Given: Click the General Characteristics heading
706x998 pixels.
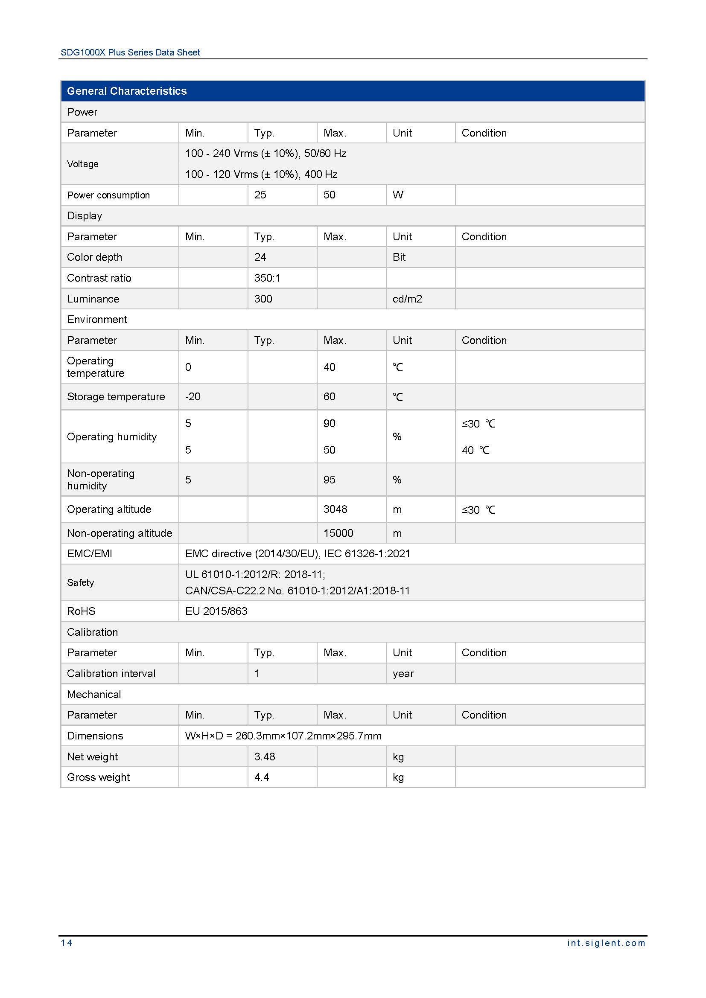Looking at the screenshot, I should [126, 91].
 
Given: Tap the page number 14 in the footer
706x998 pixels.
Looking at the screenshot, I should [67, 943].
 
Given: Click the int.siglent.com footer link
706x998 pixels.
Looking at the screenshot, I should [606, 943].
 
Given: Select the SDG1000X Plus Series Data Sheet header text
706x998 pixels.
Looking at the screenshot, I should [130, 52].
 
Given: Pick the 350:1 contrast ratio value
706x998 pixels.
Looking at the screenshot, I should [267, 278].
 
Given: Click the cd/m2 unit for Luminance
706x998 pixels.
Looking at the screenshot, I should [407, 299].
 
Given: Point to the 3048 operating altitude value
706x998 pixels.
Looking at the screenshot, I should [335, 509].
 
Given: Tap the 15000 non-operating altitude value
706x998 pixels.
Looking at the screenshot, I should [338, 533].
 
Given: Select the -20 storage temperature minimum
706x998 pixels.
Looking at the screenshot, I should [193, 396].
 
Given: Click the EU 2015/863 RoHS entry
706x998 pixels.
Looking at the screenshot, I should [216, 611].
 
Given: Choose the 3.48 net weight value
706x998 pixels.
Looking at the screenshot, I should [264, 757].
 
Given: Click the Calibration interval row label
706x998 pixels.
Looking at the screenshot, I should [111, 673].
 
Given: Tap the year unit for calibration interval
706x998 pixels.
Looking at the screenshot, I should [403, 673].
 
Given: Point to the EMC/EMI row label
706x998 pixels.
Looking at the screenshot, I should [89, 553].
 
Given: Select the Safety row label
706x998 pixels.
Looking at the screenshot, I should [80, 582].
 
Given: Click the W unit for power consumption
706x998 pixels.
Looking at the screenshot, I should [398, 195].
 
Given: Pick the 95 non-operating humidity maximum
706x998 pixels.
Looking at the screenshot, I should [329, 480].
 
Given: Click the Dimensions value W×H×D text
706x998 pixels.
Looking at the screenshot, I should [283, 736].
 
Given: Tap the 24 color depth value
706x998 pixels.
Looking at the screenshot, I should [260, 257].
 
